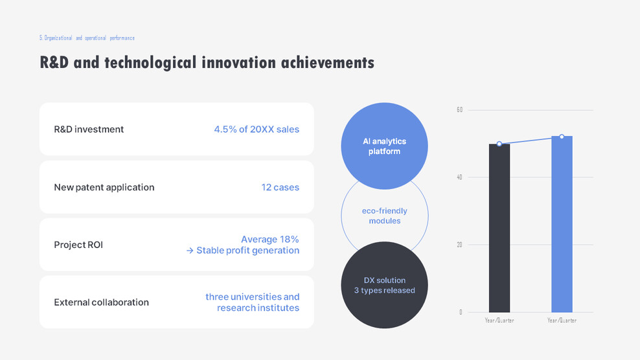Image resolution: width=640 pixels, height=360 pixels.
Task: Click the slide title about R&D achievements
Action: pos(207,63)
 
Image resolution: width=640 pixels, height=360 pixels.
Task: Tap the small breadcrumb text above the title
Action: pos(87,38)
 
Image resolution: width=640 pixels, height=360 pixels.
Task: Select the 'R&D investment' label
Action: pos(89,129)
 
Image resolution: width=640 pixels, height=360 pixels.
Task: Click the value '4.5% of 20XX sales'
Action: pos(257,129)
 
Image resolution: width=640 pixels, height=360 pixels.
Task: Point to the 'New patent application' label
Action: pos(104,187)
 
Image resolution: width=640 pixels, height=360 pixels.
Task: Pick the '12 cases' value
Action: pos(280,187)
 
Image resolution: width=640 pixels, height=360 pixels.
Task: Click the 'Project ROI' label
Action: pos(78,245)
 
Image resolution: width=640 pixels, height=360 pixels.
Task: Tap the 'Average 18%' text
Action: pos(269,240)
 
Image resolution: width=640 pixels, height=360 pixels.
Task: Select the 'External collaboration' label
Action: pos(101,302)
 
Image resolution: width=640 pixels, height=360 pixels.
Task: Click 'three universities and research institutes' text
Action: pos(253,302)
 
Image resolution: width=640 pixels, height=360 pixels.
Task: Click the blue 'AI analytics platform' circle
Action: pos(384,146)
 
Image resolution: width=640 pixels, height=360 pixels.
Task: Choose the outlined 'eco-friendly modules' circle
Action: pos(384,216)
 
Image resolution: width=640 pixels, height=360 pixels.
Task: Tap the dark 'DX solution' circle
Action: pos(384,285)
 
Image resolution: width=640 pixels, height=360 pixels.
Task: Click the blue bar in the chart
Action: pos(562,224)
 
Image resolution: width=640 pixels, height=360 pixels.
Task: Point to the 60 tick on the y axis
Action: pos(459,110)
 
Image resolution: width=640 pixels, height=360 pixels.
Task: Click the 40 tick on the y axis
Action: pos(459,177)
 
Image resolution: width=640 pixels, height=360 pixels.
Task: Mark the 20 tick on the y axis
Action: pos(459,245)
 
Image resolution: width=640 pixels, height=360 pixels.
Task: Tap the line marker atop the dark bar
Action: pos(499,144)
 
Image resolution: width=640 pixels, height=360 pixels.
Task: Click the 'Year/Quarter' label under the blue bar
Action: pos(562,321)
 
